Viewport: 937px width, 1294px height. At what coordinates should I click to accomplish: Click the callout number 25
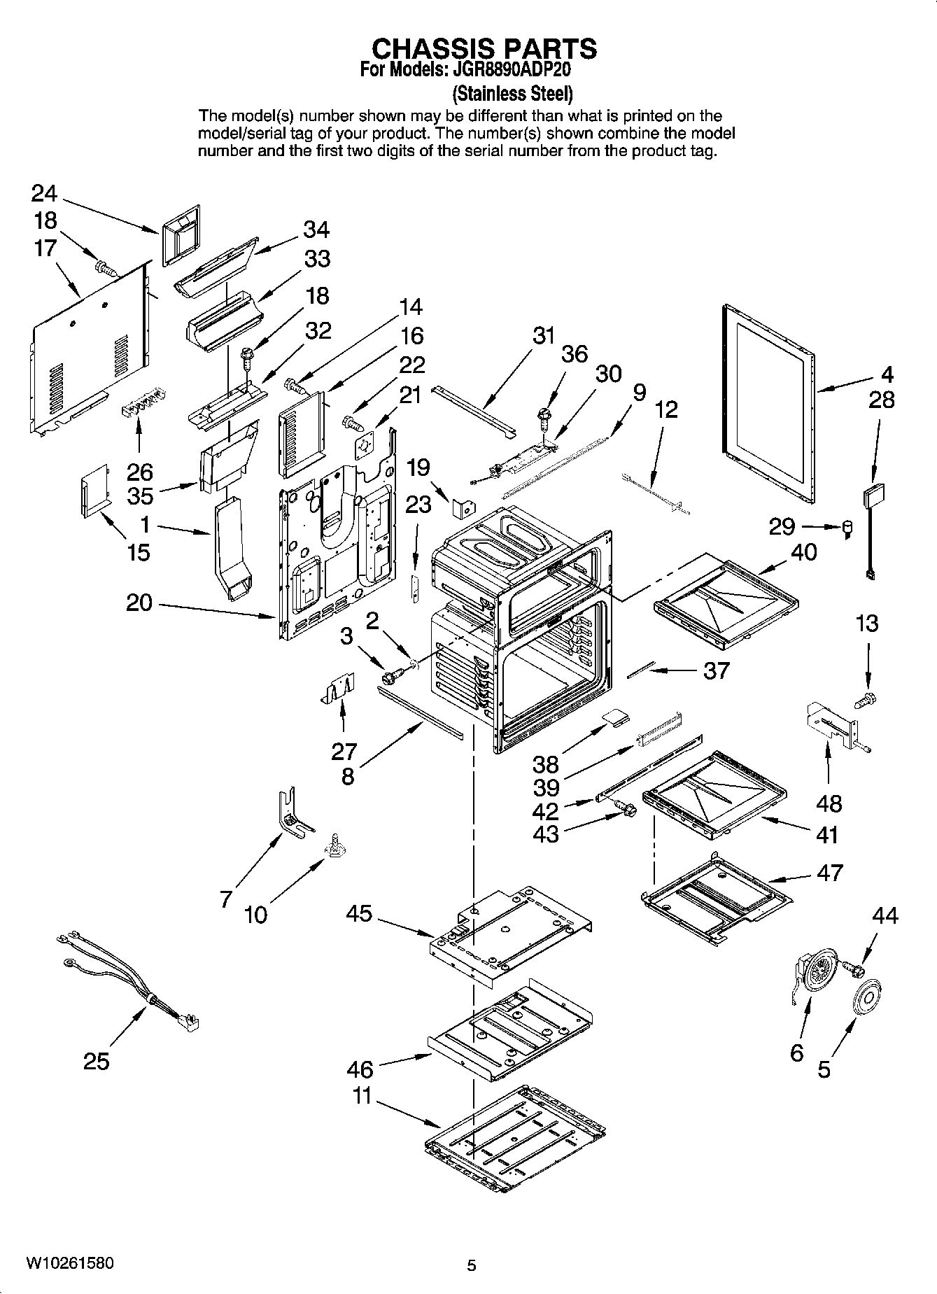[97, 1062]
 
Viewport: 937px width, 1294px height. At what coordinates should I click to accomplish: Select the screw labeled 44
[853, 968]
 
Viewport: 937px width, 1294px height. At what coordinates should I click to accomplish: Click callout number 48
[829, 803]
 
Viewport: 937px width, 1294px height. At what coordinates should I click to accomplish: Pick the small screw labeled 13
[866, 697]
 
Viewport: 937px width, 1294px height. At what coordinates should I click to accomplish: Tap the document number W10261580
[70, 1263]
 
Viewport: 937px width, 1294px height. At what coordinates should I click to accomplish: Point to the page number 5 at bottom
[472, 1265]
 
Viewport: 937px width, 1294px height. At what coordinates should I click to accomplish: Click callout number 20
[139, 602]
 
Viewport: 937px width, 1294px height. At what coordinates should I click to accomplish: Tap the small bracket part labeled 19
[463, 509]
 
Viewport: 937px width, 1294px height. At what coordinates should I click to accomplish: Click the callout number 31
[543, 335]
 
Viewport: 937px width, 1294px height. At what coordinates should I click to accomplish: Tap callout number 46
[360, 1069]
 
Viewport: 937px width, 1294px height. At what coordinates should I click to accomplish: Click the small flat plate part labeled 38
[615, 717]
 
